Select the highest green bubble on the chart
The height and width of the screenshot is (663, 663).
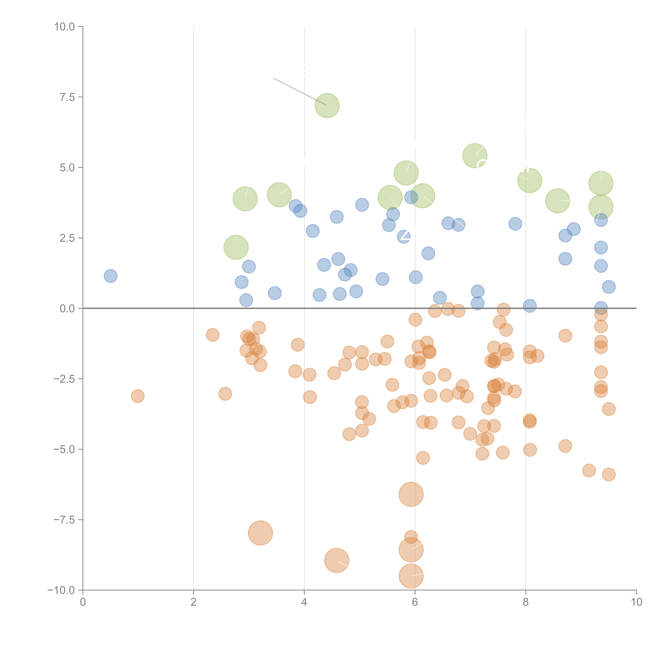pyautogui.click(x=327, y=105)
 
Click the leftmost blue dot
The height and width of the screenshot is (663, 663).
pyautogui.click(x=110, y=276)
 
